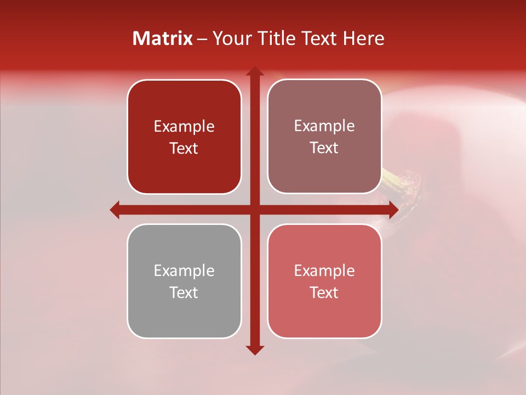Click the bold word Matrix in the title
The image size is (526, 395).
coord(163,38)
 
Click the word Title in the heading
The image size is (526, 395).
coord(279,38)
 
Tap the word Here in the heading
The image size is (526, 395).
coord(363,38)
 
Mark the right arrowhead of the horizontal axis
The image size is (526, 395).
coord(393,210)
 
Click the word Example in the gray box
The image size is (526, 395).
coord(184,270)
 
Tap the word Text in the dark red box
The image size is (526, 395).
coord(184,149)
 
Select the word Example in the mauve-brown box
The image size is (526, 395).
coord(324,126)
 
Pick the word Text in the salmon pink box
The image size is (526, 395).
coord(324,292)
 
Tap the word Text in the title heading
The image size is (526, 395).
coord(320,38)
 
